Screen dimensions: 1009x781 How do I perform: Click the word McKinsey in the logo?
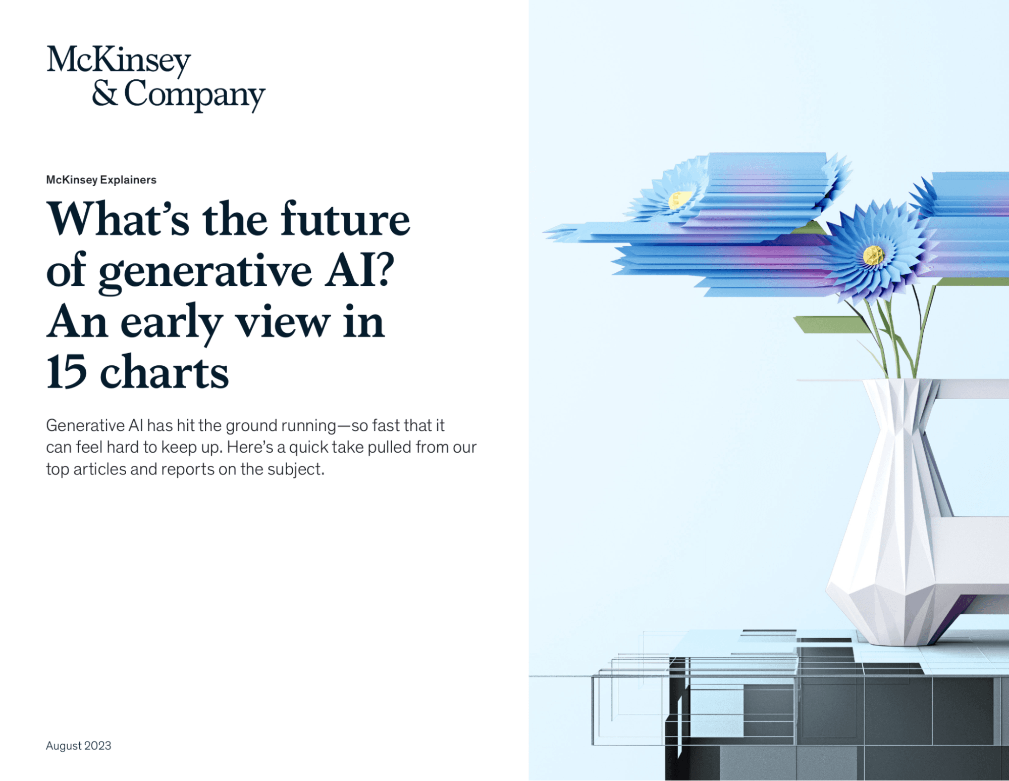point(119,61)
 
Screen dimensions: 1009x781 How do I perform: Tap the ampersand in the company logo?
point(105,94)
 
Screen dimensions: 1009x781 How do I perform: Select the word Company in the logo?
point(194,95)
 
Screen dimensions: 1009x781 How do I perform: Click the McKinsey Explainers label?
point(101,180)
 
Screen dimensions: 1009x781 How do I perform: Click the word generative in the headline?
point(205,273)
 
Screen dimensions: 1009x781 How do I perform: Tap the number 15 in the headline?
point(67,372)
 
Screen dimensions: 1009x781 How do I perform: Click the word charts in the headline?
point(165,372)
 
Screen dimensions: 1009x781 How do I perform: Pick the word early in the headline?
point(172,324)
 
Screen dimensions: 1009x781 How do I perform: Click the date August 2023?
point(78,746)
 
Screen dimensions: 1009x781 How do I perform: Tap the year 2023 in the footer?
point(98,746)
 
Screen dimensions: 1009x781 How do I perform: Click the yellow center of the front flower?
point(873,255)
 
